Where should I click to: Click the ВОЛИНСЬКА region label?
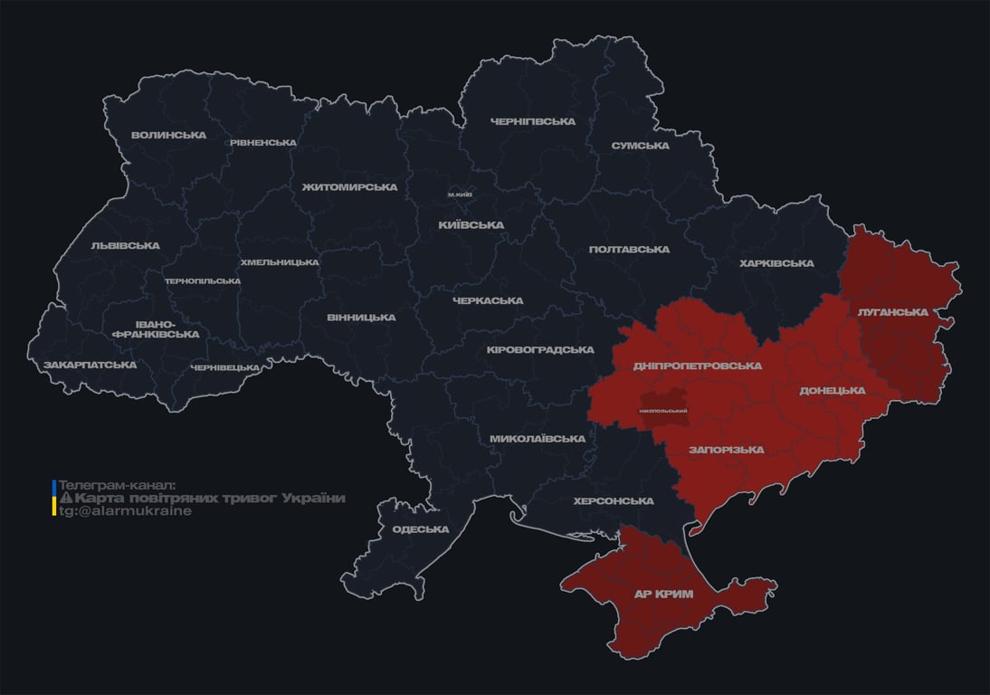[168, 135]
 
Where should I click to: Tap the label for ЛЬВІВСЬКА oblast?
[125, 245]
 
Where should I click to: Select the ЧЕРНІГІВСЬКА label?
[533, 121]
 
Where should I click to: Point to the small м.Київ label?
[461, 195]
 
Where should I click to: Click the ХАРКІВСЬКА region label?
[776, 263]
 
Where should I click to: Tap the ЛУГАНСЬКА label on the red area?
[893, 311]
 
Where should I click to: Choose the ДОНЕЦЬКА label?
[833, 390]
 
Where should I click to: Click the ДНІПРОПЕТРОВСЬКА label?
[697, 366]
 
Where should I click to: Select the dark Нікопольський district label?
[663, 411]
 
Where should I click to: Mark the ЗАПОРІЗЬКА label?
[726, 449]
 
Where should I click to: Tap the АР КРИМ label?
[662, 594]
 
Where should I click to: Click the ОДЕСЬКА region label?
[421, 529]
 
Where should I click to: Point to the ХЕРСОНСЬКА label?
[614, 500]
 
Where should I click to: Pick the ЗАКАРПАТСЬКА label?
[90, 365]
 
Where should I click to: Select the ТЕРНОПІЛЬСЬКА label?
[203, 281]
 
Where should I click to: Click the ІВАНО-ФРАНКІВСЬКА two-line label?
[156, 328]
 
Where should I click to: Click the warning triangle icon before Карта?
[65, 498]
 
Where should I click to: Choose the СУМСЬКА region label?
[640, 145]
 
